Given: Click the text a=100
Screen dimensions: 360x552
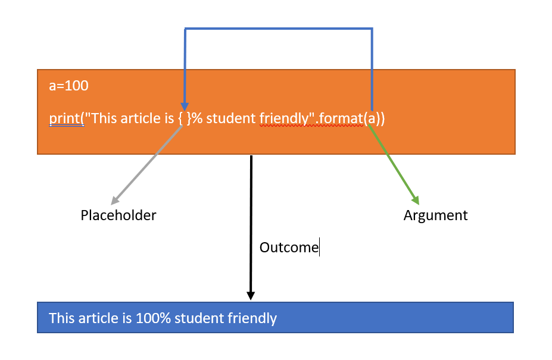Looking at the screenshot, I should (x=68, y=86).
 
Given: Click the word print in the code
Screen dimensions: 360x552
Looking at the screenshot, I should (x=65, y=119).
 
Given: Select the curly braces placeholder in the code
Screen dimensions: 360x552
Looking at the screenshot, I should (x=185, y=119).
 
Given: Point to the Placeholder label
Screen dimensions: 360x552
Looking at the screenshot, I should (x=118, y=215).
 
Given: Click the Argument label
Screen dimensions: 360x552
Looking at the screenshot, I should (x=435, y=215).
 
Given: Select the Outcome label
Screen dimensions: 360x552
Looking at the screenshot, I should (x=289, y=247).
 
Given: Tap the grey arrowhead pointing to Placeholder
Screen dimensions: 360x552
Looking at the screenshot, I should (x=115, y=201).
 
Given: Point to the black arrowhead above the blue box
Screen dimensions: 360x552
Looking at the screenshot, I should (x=251, y=295).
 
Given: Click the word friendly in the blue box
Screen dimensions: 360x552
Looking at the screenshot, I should (x=252, y=318).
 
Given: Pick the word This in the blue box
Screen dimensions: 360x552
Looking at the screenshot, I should (x=62, y=318).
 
